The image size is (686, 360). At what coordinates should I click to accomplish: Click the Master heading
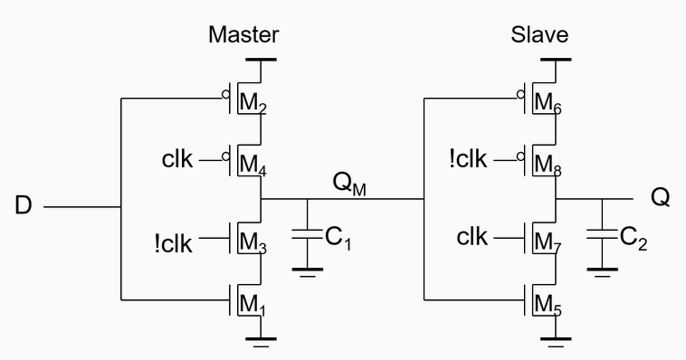(x=243, y=35)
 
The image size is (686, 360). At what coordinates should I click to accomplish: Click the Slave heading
(x=539, y=35)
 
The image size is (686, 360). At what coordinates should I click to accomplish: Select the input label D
(x=23, y=206)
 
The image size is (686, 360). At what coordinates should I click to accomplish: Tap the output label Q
(x=661, y=198)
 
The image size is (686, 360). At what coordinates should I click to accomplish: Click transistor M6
(x=539, y=100)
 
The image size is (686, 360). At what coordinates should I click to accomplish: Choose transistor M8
(x=539, y=162)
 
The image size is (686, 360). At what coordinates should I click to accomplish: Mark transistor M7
(x=539, y=240)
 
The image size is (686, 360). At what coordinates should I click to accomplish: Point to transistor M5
(x=539, y=302)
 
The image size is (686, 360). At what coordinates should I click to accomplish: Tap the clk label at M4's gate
(x=176, y=160)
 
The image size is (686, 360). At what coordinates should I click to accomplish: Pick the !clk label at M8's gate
(x=468, y=160)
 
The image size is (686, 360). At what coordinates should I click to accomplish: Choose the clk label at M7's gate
(x=472, y=238)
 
